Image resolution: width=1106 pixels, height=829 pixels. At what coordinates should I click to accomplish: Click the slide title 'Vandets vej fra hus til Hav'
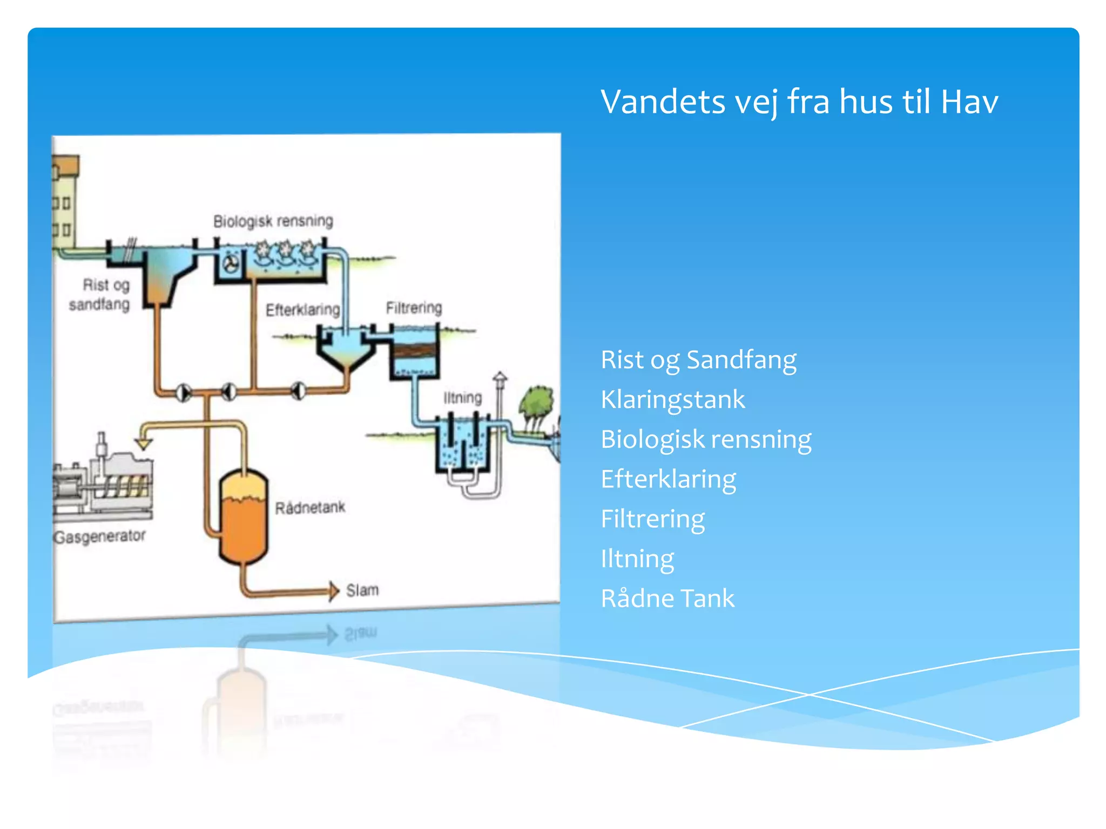[x=799, y=101]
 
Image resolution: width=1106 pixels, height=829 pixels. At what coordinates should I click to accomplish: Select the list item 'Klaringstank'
[x=672, y=400]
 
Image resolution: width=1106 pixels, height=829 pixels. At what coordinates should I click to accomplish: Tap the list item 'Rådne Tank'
[x=667, y=599]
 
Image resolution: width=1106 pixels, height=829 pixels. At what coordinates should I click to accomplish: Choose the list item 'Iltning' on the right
[x=637, y=559]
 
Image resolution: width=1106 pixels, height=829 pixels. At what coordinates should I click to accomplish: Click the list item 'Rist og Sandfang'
[x=698, y=360]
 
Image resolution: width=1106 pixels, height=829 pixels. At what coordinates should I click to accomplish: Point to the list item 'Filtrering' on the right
[x=652, y=519]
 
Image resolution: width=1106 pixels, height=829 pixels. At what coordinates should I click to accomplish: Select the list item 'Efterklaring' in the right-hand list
[x=668, y=479]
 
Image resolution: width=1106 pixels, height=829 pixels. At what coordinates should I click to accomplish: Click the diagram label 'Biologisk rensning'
[x=273, y=221]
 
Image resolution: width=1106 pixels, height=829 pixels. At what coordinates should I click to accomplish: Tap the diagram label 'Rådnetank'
[x=310, y=508]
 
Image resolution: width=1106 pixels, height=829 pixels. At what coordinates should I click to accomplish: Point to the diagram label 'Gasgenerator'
[x=99, y=536]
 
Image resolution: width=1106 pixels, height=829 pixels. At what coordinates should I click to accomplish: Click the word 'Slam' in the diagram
[x=362, y=590]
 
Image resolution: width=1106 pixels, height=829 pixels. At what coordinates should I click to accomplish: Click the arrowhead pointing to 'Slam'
[x=334, y=591]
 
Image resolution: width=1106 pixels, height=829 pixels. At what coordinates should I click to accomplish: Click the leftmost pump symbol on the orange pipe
[x=184, y=392]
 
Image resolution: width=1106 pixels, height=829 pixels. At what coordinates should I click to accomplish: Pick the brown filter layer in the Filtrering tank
[x=414, y=351]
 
